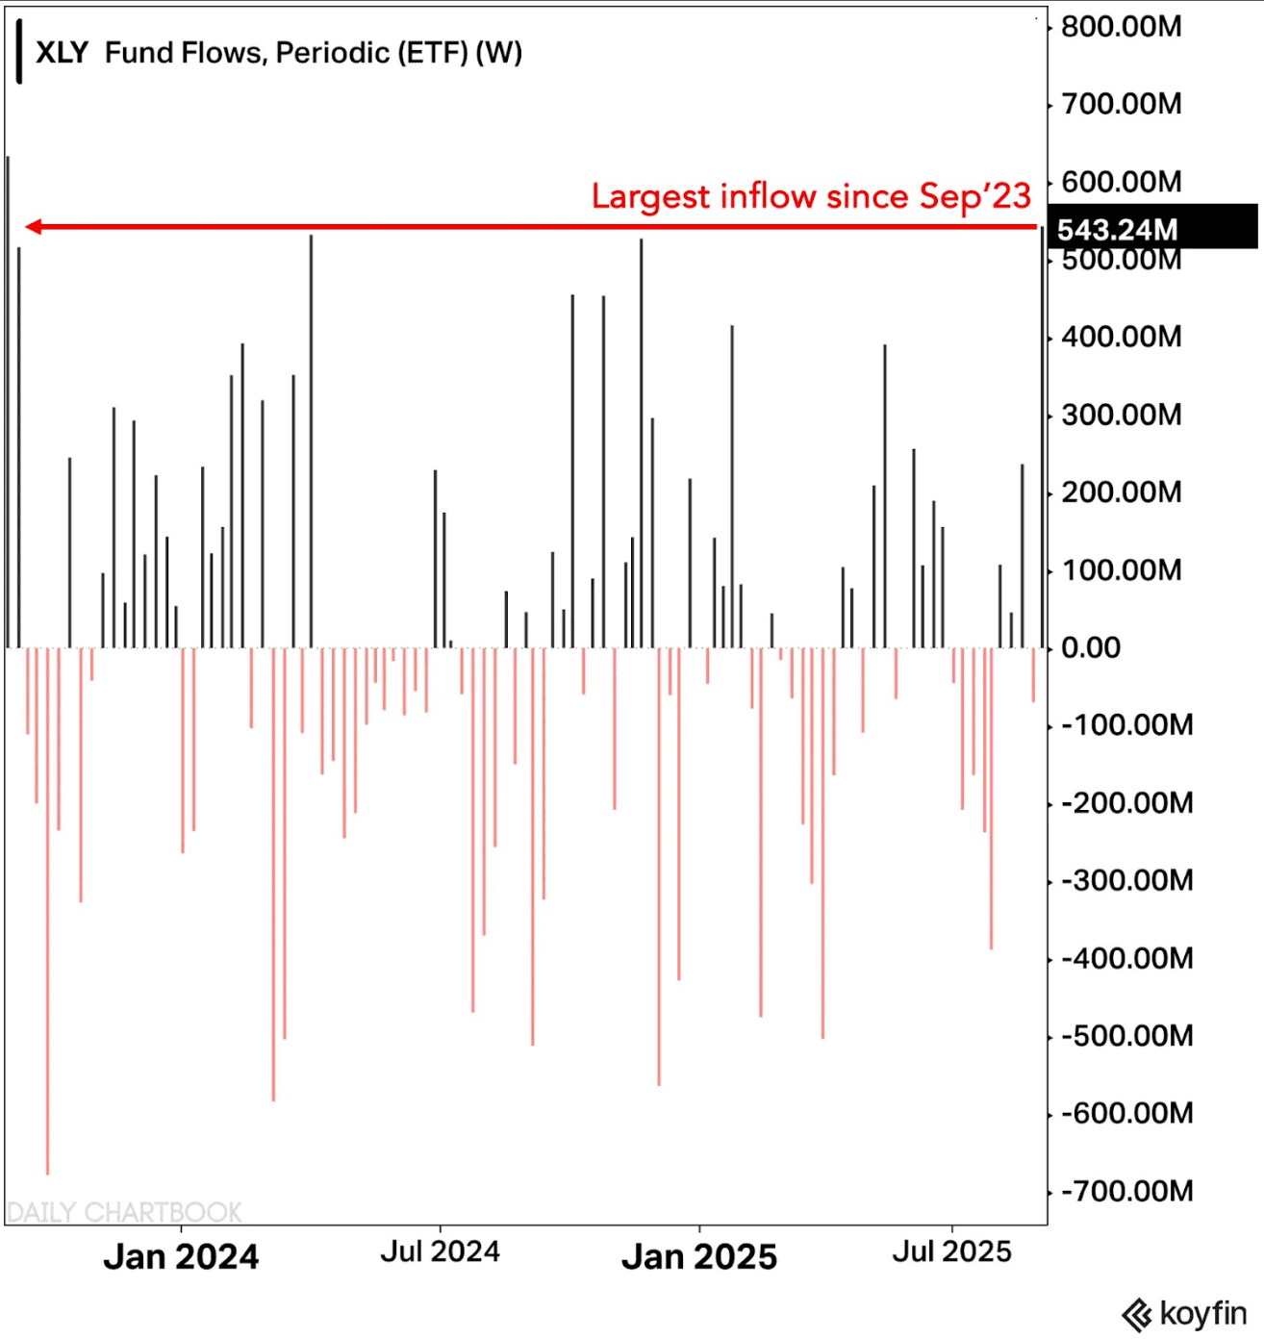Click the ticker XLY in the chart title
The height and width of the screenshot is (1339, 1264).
pos(62,53)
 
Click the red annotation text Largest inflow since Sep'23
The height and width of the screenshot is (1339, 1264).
pos(810,196)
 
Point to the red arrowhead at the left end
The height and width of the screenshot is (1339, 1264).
pos(33,227)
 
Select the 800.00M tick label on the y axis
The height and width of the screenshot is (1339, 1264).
pos(1121,26)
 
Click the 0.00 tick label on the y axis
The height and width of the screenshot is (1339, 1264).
pos(1091,647)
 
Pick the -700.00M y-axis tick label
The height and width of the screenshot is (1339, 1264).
pos(1126,1191)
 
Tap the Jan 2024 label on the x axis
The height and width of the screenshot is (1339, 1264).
pos(181,1256)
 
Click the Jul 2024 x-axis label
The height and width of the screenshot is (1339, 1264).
pos(440,1251)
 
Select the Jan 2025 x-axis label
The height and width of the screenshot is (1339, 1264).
pos(698,1256)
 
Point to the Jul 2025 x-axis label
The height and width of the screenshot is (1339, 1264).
pos(951,1251)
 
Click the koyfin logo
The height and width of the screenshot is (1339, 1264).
pos(1184,1313)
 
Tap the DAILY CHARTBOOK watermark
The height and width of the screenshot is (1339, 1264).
pos(124,1212)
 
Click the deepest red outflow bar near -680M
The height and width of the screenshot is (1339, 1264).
pos(47,914)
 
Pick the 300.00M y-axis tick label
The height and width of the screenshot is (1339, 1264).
pos(1121,415)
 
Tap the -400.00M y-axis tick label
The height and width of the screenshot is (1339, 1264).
pos(1126,958)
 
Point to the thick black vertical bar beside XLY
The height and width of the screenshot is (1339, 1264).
pos(19,52)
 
